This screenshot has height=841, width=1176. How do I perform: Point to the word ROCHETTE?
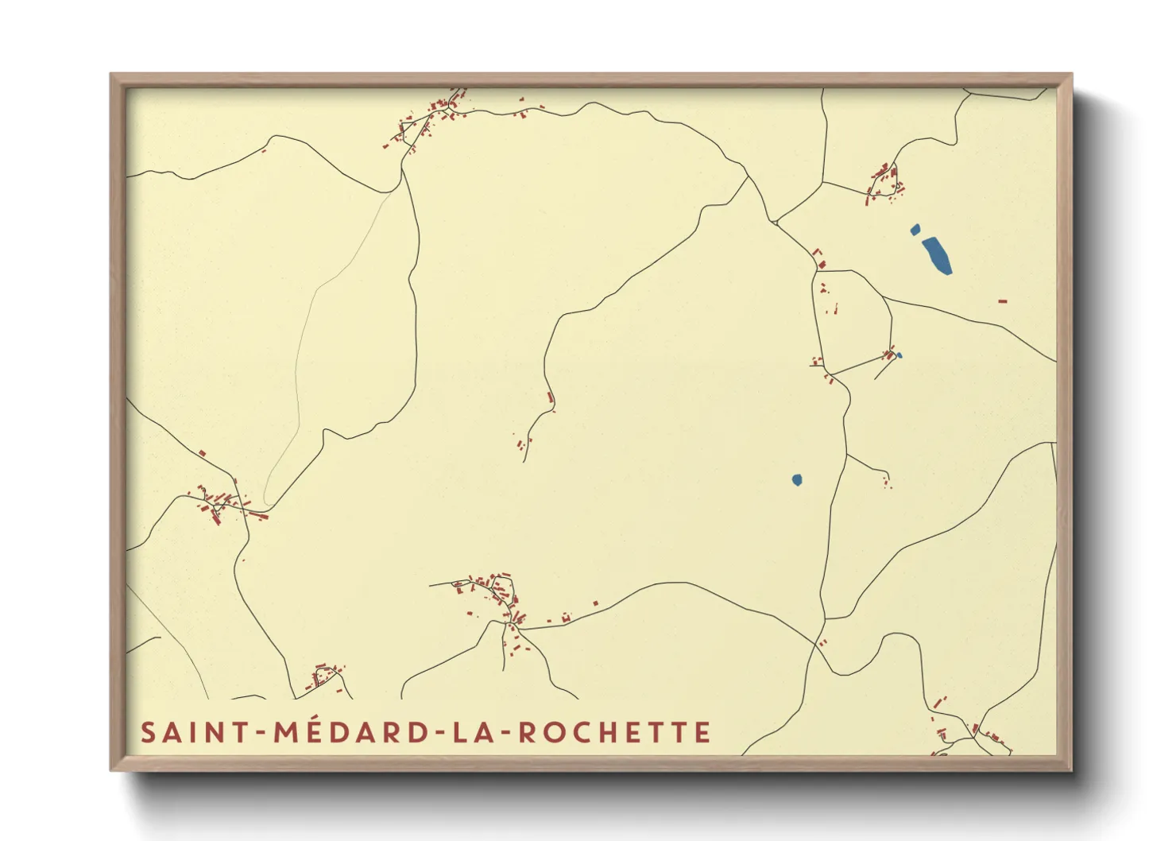click(x=615, y=732)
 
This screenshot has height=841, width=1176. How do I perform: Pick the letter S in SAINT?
click(x=148, y=732)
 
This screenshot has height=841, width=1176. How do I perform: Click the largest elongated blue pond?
click(x=937, y=254)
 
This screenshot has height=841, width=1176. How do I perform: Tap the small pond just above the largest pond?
click(x=915, y=230)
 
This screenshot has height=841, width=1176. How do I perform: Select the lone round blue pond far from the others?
click(x=797, y=479)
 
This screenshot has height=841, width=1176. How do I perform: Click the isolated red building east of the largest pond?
click(x=1002, y=301)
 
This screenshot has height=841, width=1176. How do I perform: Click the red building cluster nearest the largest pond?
click(x=884, y=182)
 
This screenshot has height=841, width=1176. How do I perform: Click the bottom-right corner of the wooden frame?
click(x=1071, y=769)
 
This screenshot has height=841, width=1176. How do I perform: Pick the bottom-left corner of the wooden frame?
click(x=111, y=769)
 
